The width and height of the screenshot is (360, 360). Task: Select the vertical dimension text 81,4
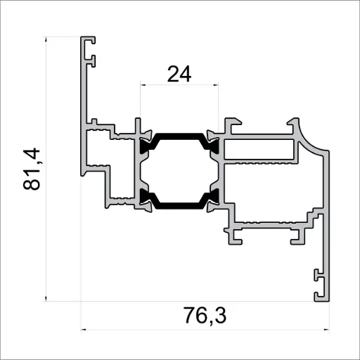pyautogui.click(x=33, y=169)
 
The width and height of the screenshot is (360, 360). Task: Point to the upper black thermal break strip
pyautogui.click(x=180, y=135)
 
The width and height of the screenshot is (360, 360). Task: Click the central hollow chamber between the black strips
pyautogui.click(x=179, y=170)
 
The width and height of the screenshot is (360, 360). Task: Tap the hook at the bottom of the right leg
pyautogui.click(x=321, y=285)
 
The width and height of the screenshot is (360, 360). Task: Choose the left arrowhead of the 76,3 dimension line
pyautogui.click(x=84, y=329)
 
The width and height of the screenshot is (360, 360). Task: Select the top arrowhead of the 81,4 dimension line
pyautogui.click(x=46, y=39)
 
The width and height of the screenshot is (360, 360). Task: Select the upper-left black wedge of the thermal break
pyautogui.click(x=148, y=146)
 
